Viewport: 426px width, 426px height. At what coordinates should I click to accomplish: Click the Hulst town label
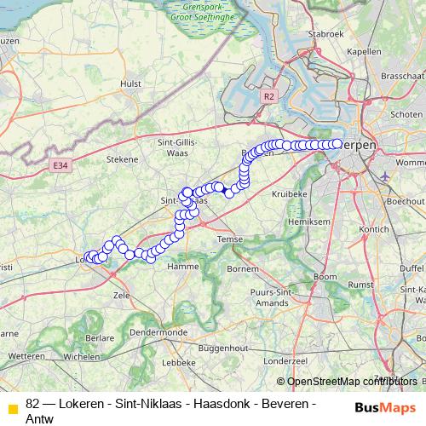[131, 83]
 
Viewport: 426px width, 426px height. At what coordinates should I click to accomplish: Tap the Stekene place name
[121, 158]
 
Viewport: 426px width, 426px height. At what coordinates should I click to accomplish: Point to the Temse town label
[230, 240]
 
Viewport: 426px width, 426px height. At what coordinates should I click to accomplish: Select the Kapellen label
[364, 51]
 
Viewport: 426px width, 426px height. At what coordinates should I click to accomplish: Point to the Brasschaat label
[402, 75]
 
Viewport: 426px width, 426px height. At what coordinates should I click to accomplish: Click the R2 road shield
[268, 96]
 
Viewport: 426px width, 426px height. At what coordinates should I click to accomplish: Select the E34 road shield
[59, 164]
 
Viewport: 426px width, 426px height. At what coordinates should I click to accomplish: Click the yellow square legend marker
[12, 409]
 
